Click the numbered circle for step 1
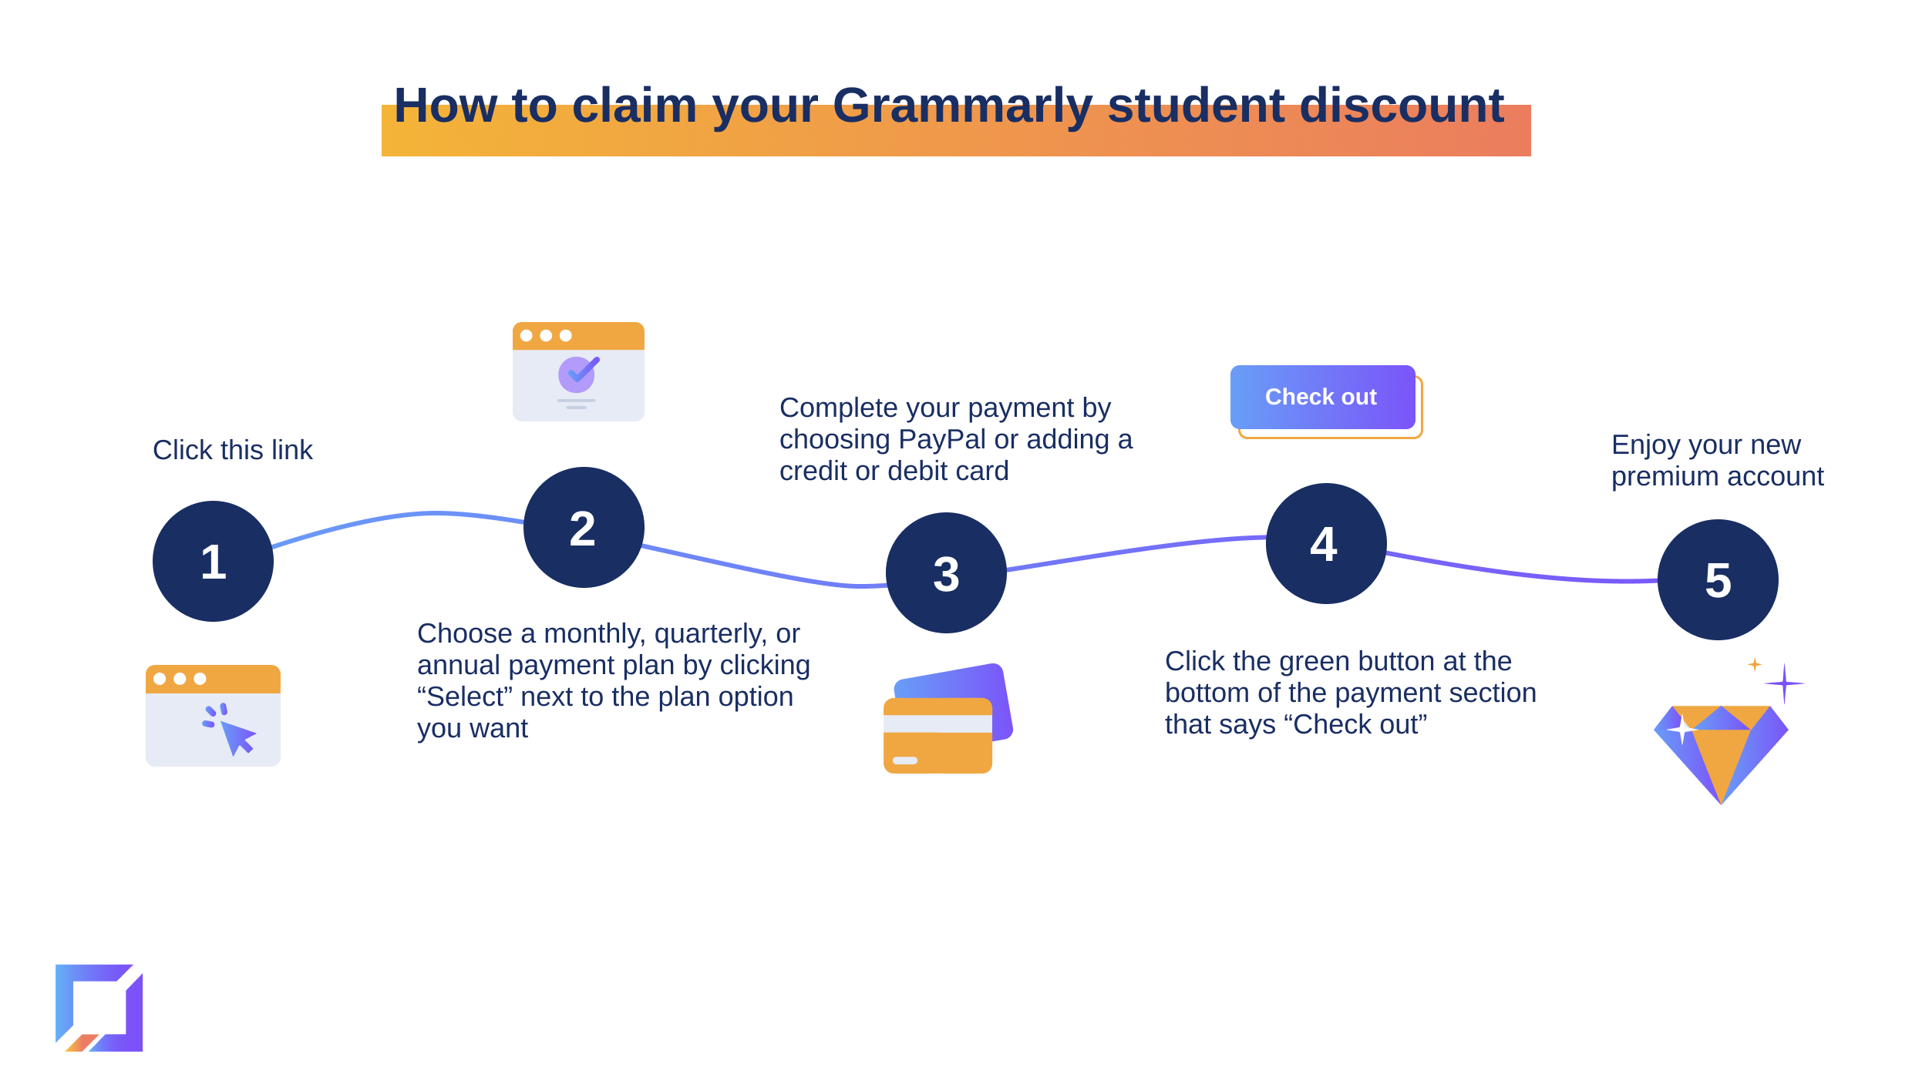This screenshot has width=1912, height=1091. click(x=213, y=561)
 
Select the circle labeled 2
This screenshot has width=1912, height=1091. click(x=584, y=527)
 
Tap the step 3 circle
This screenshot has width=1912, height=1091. click(x=946, y=572)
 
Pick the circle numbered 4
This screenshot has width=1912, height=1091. click(x=1326, y=543)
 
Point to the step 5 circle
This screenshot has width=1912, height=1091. click(x=1718, y=579)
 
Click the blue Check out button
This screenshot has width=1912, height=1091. click(x=1322, y=397)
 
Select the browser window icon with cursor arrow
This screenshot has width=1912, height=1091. click(x=213, y=715)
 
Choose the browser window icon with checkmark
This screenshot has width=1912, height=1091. click(x=578, y=371)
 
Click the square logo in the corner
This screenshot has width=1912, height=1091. click(x=99, y=1008)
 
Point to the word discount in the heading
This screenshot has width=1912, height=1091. click(x=1402, y=105)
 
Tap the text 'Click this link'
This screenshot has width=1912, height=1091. click(x=233, y=450)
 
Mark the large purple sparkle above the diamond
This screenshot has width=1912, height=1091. click(x=1784, y=683)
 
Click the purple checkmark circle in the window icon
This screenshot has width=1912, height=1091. click(x=577, y=374)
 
